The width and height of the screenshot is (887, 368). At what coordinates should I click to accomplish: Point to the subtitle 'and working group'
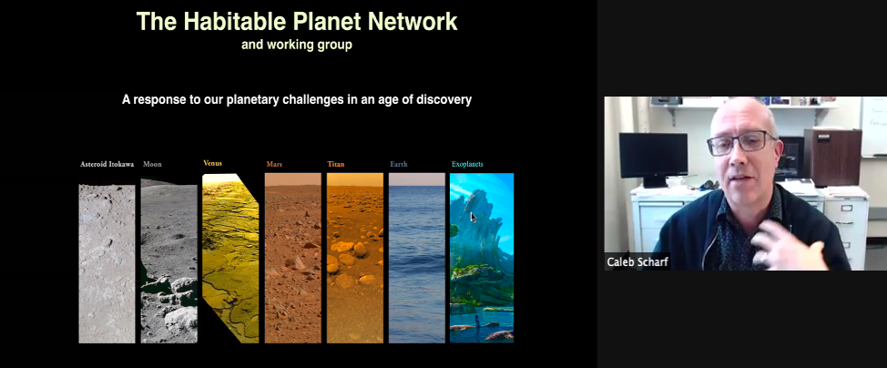(x=296, y=45)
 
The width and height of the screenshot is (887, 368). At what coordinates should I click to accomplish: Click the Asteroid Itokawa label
(x=107, y=165)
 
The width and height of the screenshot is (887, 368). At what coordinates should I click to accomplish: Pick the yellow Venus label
(x=212, y=164)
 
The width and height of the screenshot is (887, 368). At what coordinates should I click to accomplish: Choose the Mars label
(x=274, y=165)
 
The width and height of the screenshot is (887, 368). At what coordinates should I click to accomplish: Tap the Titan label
(x=336, y=165)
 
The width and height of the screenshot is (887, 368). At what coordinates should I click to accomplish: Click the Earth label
(x=399, y=165)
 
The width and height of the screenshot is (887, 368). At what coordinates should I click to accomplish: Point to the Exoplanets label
(x=467, y=165)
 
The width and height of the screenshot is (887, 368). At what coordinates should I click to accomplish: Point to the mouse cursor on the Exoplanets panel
(x=473, y=217)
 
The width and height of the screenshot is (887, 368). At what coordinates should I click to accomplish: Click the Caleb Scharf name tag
(x=637, y=261)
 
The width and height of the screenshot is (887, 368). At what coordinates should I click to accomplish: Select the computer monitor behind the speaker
(x=652, y=155)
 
